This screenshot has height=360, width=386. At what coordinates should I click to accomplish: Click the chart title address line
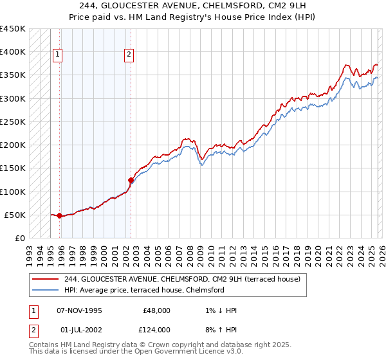click(193, 6)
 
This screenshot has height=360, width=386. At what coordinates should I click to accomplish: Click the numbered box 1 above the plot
click(58, 55)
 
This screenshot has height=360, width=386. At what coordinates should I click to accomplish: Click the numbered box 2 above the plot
click(129, 55)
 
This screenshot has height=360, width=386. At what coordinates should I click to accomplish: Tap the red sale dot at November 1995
click(60, 216)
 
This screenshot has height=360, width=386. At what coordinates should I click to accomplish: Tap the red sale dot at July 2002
click(131, 181)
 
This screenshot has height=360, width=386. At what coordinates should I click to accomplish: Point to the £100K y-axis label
click(13, 192)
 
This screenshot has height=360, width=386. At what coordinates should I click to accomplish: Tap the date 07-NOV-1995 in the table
click(80, 310)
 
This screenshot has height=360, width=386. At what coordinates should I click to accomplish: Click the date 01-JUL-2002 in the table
click(80, 330)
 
